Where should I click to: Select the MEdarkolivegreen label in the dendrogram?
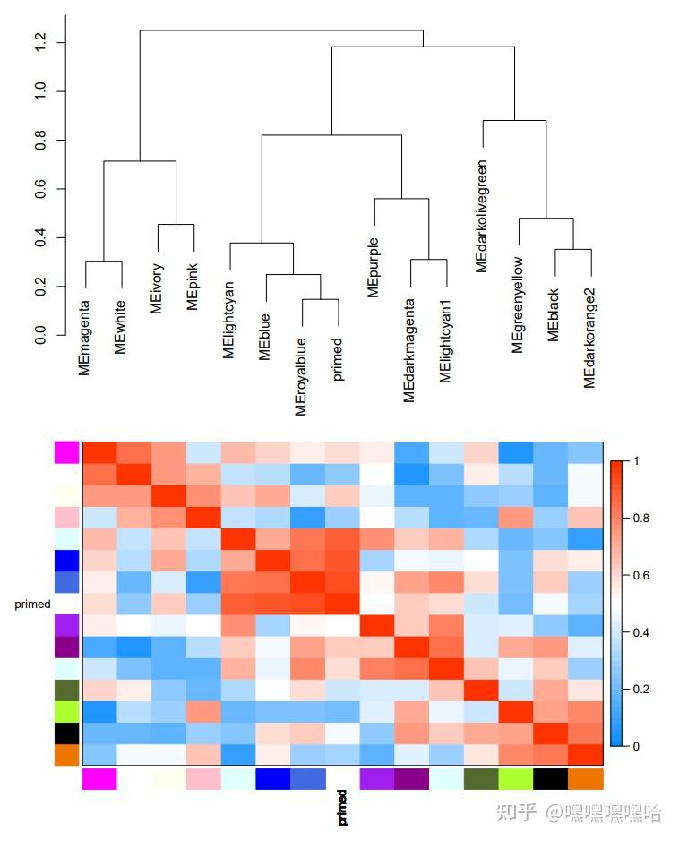pyautogui.click(x=482, y=216)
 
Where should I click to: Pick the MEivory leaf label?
pyautogui.click(x=158, y=288)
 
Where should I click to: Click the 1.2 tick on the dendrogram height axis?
pyautogui.click(x=39, y=42)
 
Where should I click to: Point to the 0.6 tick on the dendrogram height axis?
pyautogui.click(x=39, y=189)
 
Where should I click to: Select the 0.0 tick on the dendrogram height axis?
pyautogui.click(x=39, y=335)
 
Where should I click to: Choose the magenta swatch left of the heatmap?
pyautogui.click(x=67, y=452)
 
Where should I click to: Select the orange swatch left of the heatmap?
pyautogui.click(x=67, y=755)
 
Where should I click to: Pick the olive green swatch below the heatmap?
pyautogui.click(x=482, y=779)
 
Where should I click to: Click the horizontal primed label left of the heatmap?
pyautogui.click(x=32, y=605)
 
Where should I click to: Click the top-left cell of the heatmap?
pyautogui.click(x=99, y=452)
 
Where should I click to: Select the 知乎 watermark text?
pyautogui.click(x=517, y=813)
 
